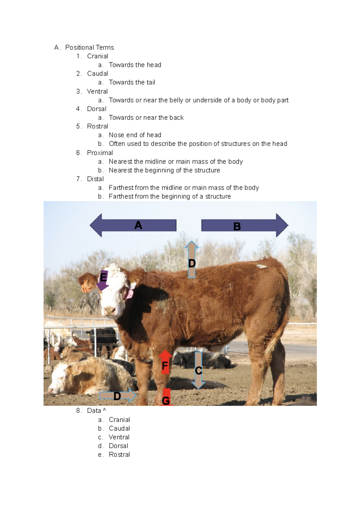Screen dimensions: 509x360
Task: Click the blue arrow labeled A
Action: [x=133, y=225]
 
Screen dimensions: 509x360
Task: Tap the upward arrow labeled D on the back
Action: [x=192, y=260]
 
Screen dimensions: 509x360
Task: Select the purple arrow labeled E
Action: [x=102, y=281]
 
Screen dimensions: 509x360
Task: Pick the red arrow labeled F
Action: [x=165, y=363]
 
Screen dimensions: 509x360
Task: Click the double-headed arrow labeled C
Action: [x=198, y=371]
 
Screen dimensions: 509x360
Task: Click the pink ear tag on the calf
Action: [x=130, y=294]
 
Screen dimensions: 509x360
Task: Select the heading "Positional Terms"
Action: [x=89, y=47]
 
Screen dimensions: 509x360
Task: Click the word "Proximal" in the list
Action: [x=100, y=153]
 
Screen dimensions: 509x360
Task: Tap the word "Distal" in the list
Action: [x=95, y=179]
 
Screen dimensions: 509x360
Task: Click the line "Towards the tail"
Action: [x=132, y=82]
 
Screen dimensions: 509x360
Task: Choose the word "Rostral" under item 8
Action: [x=119, y=454]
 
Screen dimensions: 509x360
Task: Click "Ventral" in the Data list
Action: [x=119, y=437]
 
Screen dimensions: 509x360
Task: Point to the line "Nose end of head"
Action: [x=135, y=135]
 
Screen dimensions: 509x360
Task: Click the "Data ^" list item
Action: [x=96, y=411]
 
